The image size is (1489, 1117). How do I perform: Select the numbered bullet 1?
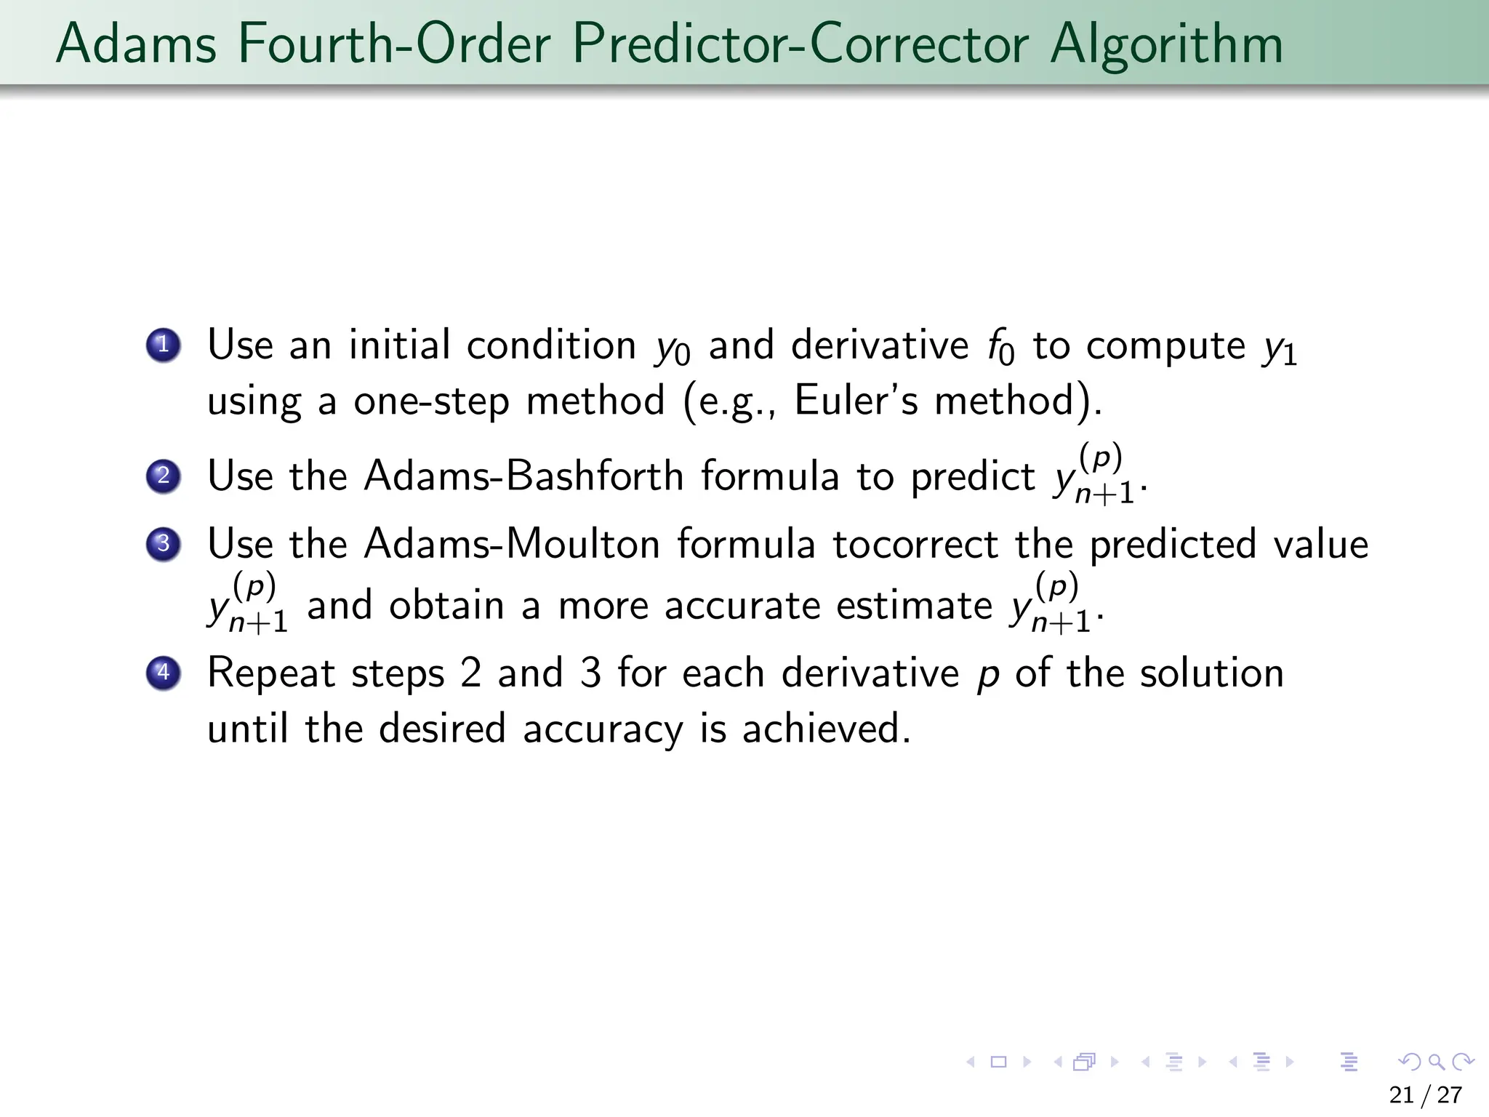[x=164, y=345]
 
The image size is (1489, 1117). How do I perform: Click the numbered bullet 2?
[x=164, y=476]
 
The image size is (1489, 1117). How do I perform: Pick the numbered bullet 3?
[x=164, y=544]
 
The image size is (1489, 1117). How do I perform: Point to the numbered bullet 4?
[x=164, y=673]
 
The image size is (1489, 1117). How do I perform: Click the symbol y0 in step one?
[x=673, y=349]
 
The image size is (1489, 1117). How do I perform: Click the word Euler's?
[x=856, y=401]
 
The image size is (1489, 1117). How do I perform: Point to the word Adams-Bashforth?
[x=523, y=476]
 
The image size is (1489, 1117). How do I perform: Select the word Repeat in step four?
[x=270, y=673]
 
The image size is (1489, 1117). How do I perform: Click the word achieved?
[x=825, y=729]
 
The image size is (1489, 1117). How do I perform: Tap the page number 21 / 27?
[x=1425, y=1094]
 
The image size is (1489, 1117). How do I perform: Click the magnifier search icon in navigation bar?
[x=1436, y=1062]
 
